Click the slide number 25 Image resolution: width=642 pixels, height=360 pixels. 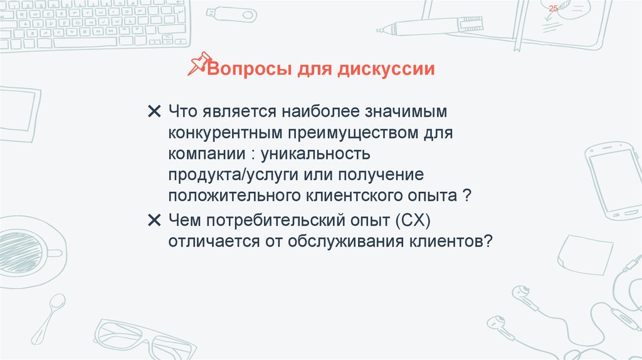tap(553, 8)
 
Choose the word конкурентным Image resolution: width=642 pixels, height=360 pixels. tap(225, 133)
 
